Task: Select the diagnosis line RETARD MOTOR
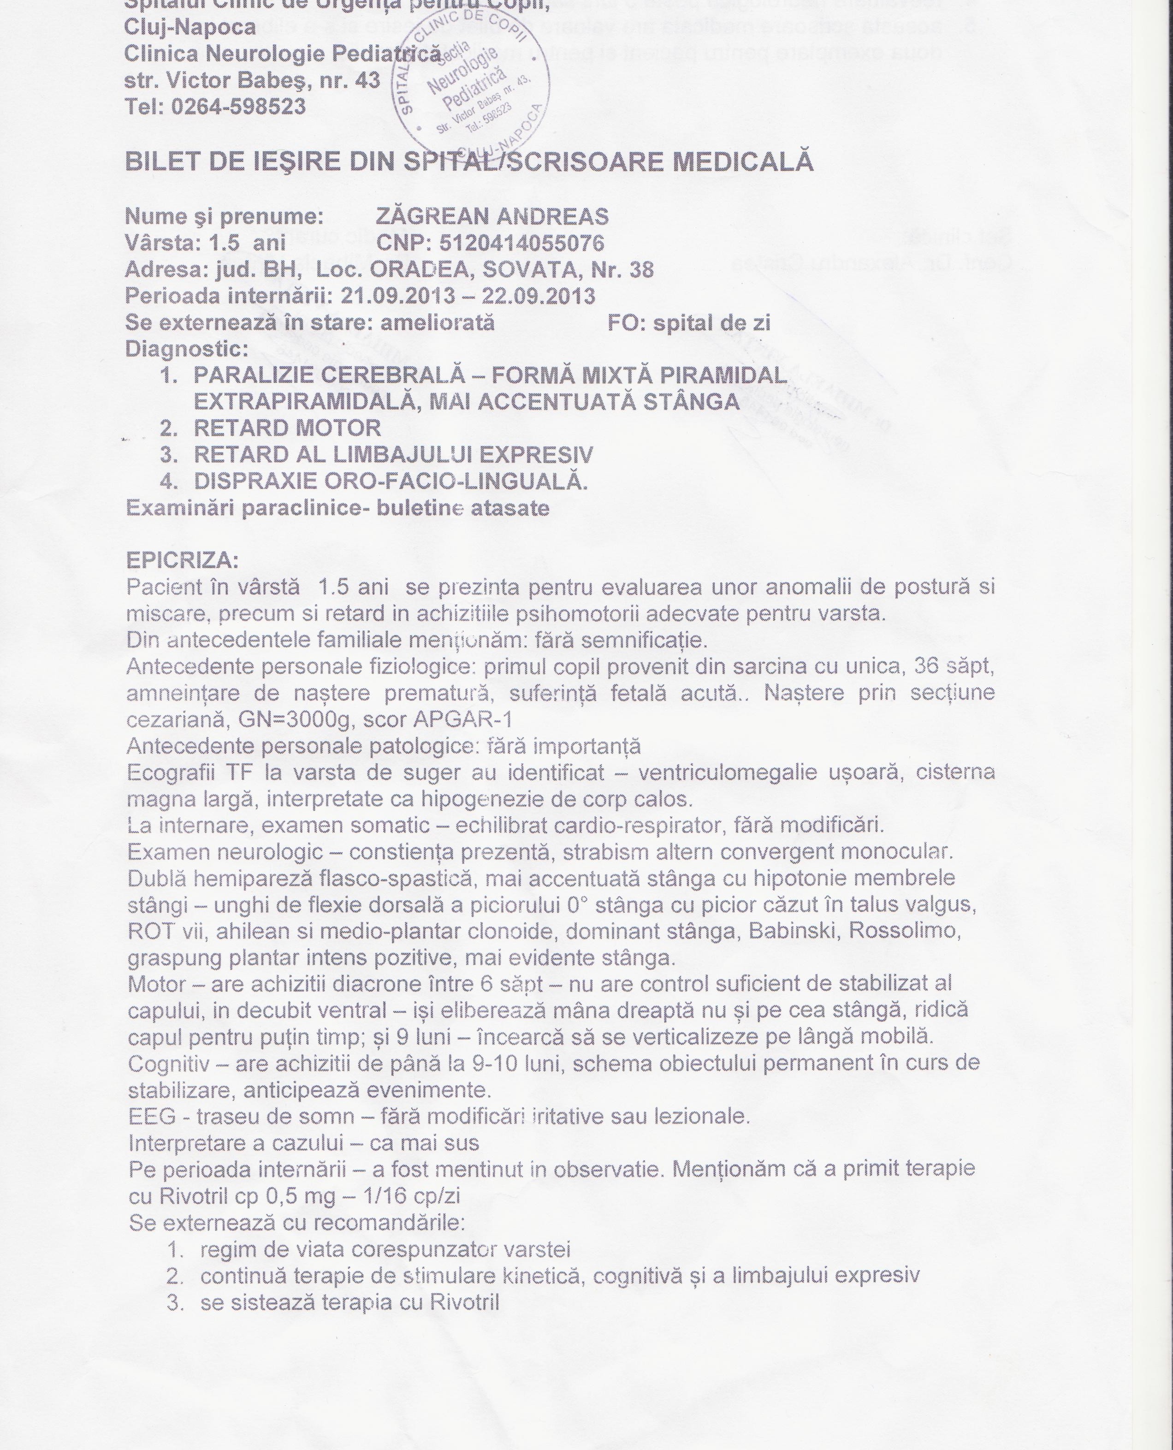click(x=287, y=428)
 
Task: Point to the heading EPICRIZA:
click(x=183, y=561)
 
